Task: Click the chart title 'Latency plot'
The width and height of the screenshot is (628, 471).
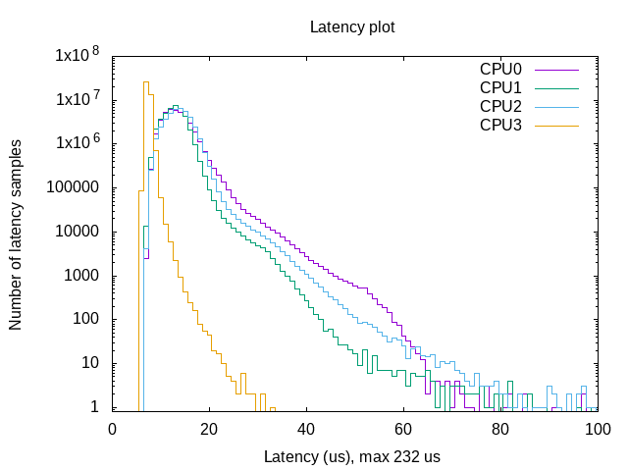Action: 352,26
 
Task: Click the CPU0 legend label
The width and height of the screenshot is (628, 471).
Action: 500,70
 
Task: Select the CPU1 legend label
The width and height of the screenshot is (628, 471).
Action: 500,88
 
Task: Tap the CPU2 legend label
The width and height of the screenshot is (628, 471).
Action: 500,106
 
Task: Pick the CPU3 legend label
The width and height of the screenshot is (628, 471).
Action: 500,125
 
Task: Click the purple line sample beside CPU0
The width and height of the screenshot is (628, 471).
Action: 554,70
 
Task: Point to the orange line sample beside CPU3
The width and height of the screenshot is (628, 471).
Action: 554,125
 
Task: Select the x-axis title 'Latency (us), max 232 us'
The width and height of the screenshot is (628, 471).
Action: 352,457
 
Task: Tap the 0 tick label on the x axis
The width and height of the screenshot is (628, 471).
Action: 112,430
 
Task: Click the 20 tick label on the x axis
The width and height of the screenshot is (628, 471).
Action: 209,430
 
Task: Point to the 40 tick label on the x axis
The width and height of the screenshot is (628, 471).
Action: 306,430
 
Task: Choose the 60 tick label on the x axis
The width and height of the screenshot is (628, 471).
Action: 403,430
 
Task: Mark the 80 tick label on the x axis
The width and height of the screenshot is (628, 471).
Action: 500,430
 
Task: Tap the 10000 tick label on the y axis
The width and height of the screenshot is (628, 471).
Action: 78,233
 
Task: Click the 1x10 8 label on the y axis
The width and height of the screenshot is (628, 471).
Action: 77,56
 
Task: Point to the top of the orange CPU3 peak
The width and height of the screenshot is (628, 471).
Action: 145,82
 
